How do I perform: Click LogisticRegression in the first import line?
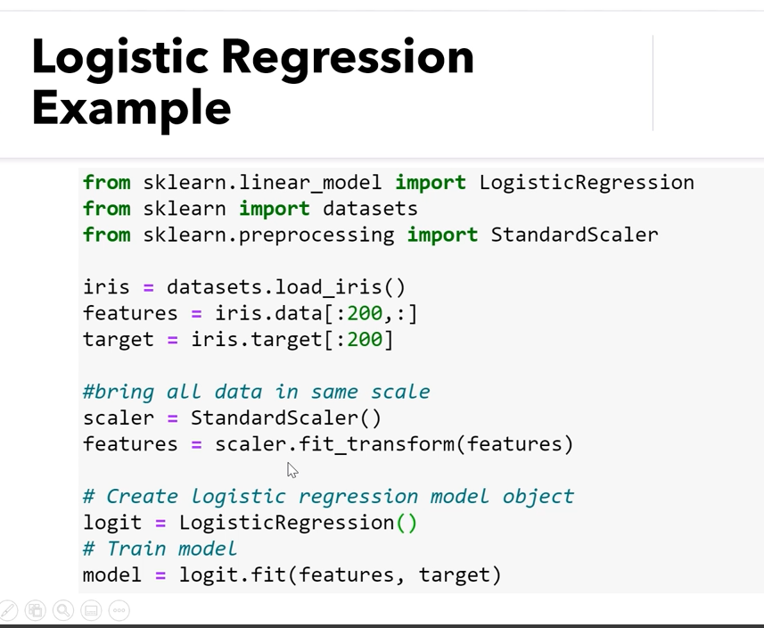(x=587, y=183)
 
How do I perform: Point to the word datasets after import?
(x=370, y=209)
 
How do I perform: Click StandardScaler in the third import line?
(x=574, y=235)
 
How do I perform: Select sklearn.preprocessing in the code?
(x=268, y=235)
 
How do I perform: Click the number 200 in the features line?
(x=365, y=313)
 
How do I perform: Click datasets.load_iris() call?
(x=286, y=287)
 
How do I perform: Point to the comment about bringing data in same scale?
(x=256, y=392)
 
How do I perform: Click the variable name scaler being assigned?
(x=119, y=418)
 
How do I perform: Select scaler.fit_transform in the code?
(x=334, y=444)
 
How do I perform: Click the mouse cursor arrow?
(x=292, y=470)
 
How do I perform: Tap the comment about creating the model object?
(x=328, y=497)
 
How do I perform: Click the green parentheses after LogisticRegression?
(x=407, y=523)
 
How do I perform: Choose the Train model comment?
(x=160, y=549)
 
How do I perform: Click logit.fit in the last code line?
(x=233, y=575)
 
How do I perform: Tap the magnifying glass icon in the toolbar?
(x=63, y=610)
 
